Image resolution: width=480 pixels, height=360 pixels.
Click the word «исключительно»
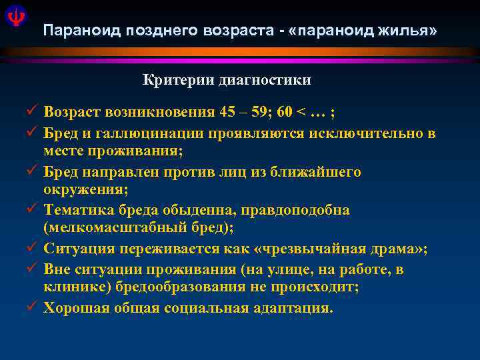coord(365,133)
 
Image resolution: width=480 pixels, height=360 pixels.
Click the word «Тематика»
coord(75,210)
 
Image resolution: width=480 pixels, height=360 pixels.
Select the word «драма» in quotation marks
coord(399,249)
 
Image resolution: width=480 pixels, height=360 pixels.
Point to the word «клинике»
coord(73,287)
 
